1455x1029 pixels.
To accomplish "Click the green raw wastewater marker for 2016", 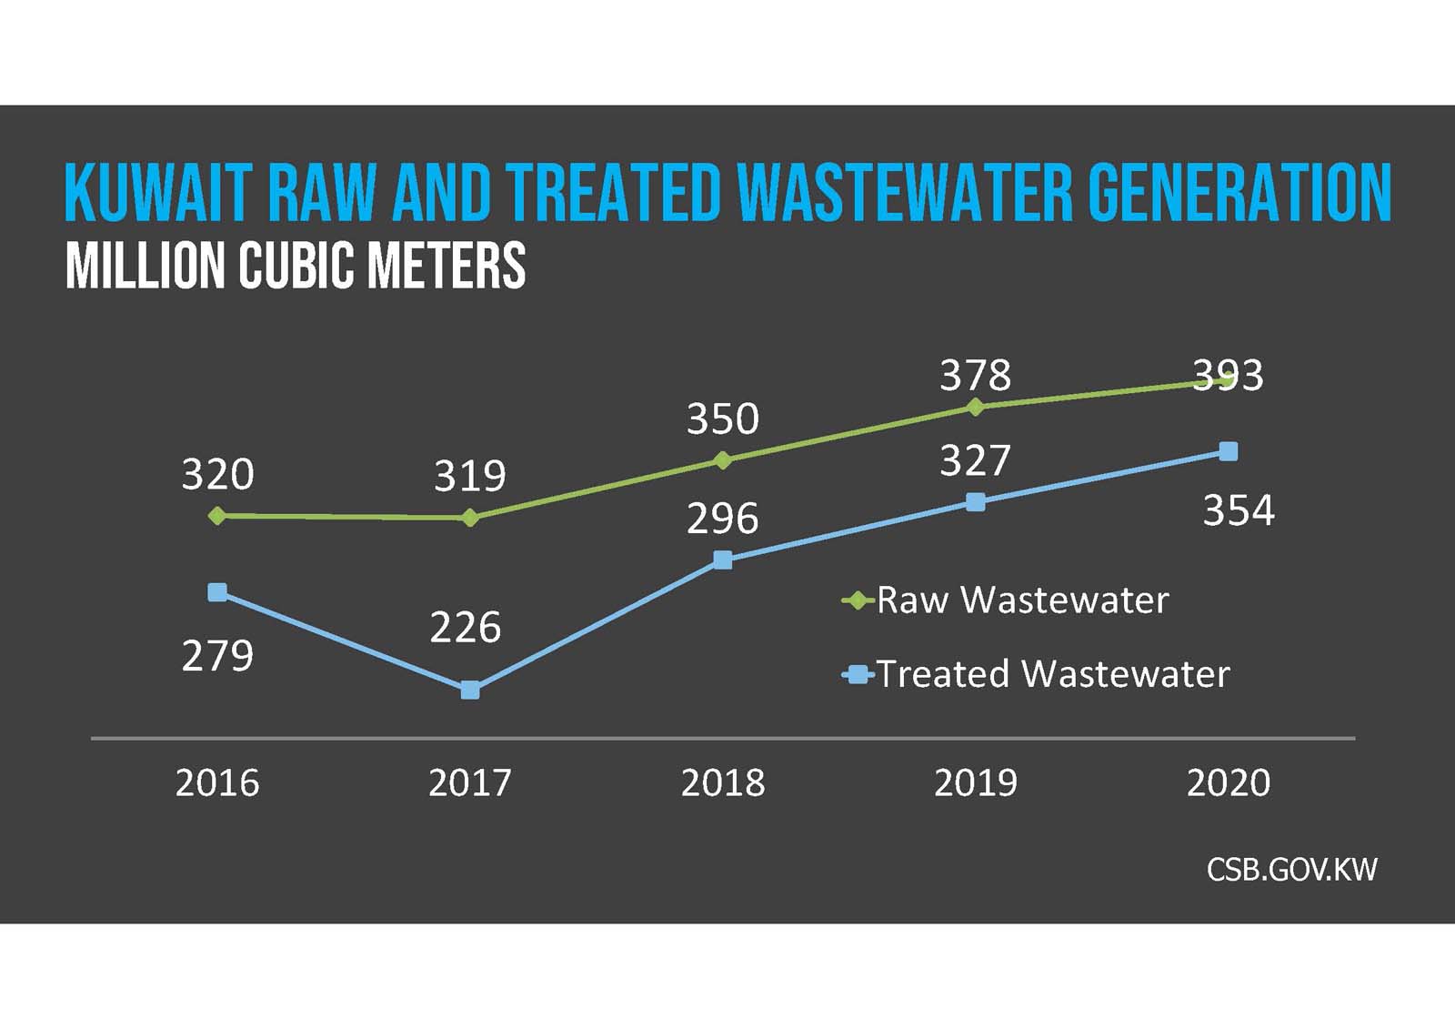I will [x=216, y=516].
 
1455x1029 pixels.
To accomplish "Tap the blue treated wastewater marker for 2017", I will [x=469, y=691].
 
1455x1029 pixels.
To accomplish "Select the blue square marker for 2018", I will [x=723, y=560].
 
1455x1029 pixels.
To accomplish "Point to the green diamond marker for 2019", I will [x=976, y=407].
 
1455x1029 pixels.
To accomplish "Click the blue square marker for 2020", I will [x=1228, y=451].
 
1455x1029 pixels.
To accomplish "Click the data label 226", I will [x=466, y=628].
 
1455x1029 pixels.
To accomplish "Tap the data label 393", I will [x=1228, y=375].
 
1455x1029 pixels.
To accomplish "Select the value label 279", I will [x=217, y=656].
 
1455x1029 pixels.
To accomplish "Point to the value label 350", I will [x=723, y=419].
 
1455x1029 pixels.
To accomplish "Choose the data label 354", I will [x=1239, y=510].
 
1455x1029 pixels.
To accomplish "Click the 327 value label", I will [x=975, y=461].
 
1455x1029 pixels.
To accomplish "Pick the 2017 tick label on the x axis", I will [x=469, y=782].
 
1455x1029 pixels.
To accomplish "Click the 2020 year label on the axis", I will [x=1228, y=782].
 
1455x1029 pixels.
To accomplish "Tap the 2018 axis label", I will [x=723, y=782].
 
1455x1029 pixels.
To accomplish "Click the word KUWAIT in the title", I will [x=156, y=194].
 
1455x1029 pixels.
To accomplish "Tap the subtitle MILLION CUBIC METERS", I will [x=296, y=266].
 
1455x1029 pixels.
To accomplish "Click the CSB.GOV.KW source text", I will [x=1291, y=870].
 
